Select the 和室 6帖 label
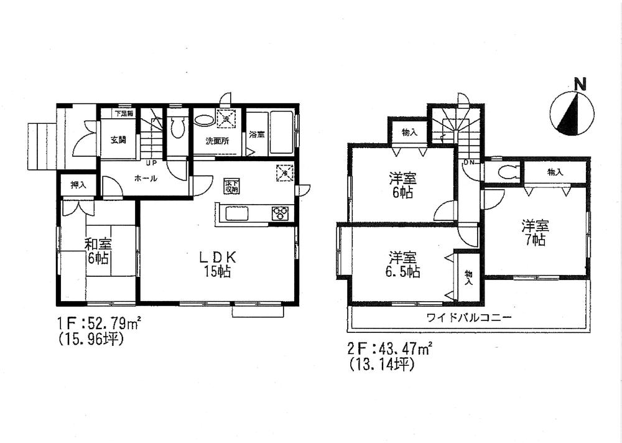[x=99, y=250]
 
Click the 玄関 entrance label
[x=118, y=140]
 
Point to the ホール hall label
[x=145, y=179]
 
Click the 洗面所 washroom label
[x=217, y=141]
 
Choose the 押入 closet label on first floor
[x=78, y=185]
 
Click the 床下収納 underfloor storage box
[x=232, y=185]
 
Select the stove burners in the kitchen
[x=279, y=213]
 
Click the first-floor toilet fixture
[x=177, y=128]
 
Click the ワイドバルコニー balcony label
[x=469, y=317]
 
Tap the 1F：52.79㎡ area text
[x=99, y=324]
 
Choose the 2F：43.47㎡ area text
[x=388, y=350]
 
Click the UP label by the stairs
[x=151, y=164]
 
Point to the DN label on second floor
[x=470, y=163]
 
